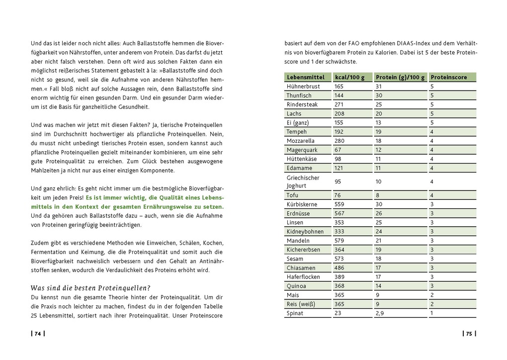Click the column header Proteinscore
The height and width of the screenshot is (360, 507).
coord(449,77)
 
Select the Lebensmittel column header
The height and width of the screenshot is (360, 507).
coord(305,77)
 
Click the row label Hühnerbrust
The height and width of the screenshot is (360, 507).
coord(303,87)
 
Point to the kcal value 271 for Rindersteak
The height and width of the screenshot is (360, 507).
coord(339,104)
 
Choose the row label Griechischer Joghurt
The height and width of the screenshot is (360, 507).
coord(303,181)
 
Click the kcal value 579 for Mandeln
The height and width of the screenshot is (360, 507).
coord(339,241)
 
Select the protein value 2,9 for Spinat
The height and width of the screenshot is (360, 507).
coord(380,313)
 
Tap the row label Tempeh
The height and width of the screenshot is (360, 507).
coord(297,132)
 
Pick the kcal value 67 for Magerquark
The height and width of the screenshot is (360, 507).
coord(338,150)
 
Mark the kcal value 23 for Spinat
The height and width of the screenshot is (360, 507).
coord(338,313)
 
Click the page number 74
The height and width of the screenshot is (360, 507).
coord(37,334)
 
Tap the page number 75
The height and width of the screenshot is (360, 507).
coord(469,334)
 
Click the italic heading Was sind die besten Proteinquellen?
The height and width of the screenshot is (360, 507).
coord(90,288)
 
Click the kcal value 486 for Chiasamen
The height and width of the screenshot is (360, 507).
coord(339,268)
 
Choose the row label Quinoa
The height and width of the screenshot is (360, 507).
coord(297,286)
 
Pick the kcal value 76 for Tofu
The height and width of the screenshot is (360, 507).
coord(338,195)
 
